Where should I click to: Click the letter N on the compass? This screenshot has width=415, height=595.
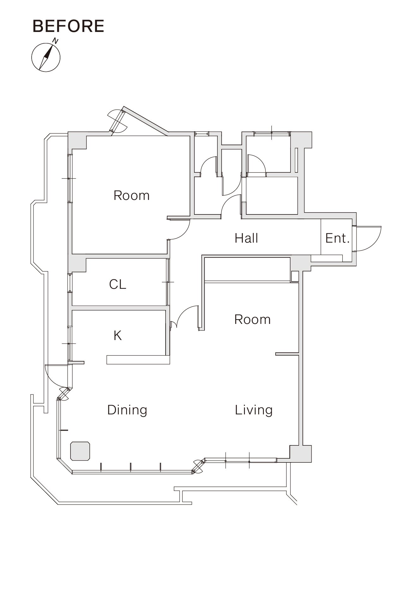[x=56, y=41]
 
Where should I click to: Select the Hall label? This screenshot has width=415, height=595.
[x=246, y=238]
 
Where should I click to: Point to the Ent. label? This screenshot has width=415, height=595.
[x=338, y=238]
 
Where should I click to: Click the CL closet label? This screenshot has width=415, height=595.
[x=118, y=284]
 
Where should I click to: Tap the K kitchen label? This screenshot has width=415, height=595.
[x=118, y=336]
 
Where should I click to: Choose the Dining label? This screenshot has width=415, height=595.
[x=127, y=410]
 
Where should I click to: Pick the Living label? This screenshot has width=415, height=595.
[x=254, y=410]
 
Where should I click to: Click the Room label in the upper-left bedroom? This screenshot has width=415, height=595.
[x=131, y=195]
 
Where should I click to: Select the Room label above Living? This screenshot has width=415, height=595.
[x=253, y=319]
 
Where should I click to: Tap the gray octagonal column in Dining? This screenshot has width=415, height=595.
[x=80, y=451]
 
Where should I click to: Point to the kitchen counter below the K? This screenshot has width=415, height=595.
[x=138, y=360]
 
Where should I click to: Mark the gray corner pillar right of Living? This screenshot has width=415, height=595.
[x=301, y=454]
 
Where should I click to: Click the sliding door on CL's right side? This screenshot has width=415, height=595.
[x=168, y=282]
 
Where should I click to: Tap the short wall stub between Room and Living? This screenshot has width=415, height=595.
[x=287, y=354]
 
